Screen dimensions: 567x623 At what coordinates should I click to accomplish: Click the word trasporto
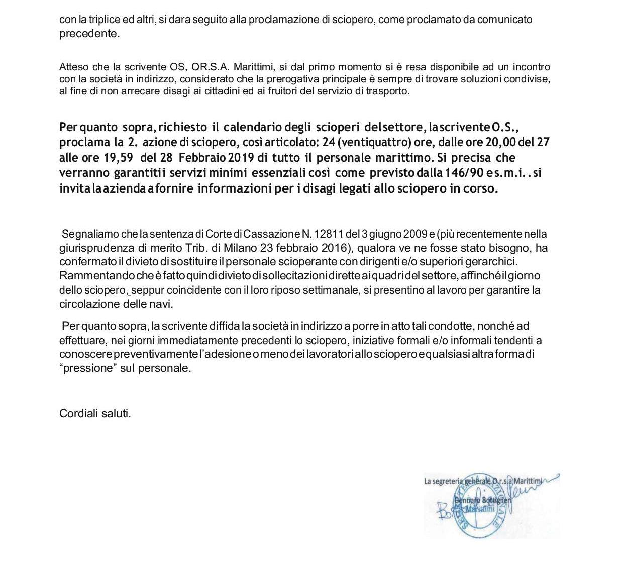pos(387,91)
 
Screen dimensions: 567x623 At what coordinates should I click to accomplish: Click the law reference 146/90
pos(457,173)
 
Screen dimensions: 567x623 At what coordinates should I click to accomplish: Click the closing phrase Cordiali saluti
pos(95,414)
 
